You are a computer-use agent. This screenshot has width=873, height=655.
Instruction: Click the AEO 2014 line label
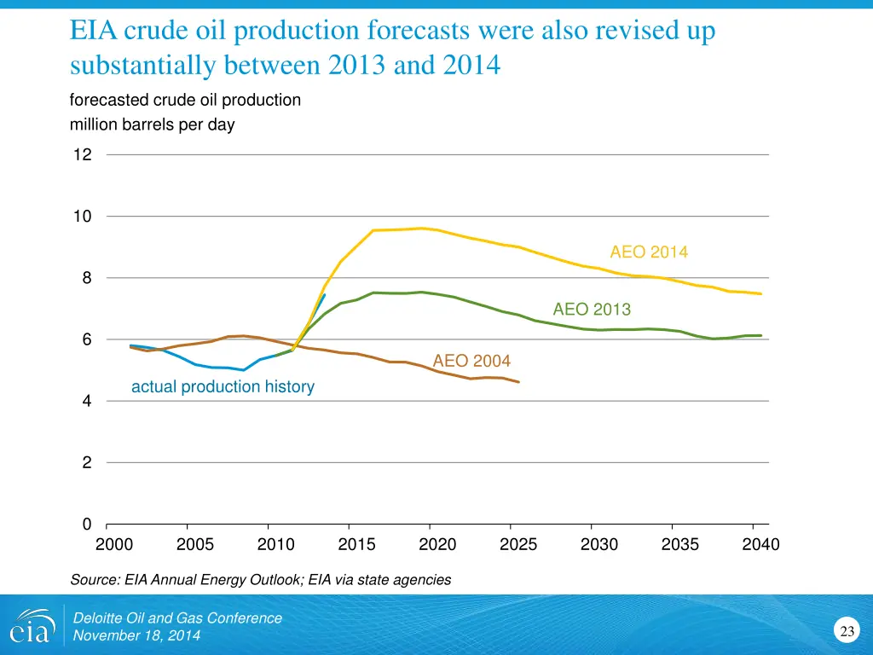[648, 252]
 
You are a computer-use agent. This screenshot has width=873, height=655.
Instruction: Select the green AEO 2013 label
[592, 310]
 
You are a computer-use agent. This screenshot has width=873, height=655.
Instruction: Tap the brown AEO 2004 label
[471, 361]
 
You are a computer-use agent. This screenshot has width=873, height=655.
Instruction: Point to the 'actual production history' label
[223, 387]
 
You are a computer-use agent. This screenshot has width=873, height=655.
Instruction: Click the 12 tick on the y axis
[82, 155]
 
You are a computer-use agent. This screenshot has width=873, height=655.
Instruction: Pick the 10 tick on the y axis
[82, 217]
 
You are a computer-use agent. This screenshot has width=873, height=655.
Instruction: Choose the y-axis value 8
[87, 278]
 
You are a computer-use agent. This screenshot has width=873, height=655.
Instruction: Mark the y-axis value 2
[87, 463]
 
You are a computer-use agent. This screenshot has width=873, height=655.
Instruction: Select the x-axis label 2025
[518, 544]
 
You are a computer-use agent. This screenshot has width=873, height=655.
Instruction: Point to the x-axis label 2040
[760, 544]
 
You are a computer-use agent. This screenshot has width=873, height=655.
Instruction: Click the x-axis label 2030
[599, 544]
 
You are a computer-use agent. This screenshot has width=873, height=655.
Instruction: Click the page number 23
[847, 632]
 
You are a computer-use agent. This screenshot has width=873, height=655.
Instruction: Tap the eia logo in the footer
[32, 627]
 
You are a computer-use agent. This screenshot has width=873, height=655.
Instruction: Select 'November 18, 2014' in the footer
[137, 636]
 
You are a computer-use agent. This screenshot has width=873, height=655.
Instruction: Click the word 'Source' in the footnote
[93, 580]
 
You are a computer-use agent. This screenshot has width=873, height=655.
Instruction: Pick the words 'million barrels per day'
[152, 125]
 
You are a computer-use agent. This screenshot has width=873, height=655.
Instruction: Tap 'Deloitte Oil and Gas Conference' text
[177, 618]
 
